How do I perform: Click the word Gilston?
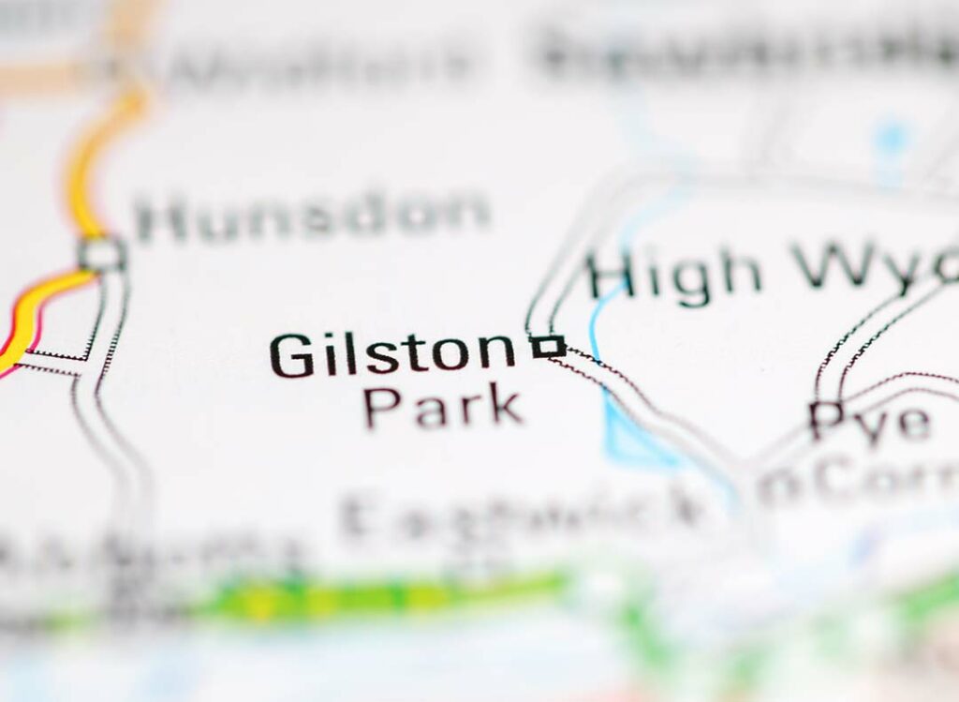[x=392, y=355]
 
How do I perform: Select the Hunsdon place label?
[x=313, y=217]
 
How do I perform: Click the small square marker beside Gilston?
[x=547, y=347]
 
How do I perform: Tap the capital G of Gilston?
[x=291, y=355]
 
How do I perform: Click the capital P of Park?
[x=382, y=407]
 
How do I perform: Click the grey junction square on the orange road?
[x=101, y=253]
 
